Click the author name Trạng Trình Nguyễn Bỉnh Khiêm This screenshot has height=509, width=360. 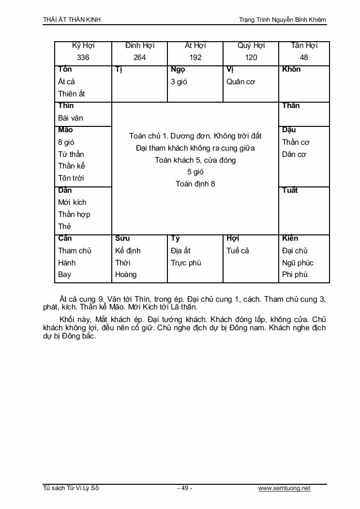coord(283,20)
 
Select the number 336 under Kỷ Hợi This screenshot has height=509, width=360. coord(83,58)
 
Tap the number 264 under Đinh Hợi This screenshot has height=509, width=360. coord(139,58)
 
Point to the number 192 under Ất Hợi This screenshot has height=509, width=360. coord(195,58)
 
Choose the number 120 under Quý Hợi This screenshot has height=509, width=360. coord(251,58)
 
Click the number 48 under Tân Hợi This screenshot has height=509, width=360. coord(304,58)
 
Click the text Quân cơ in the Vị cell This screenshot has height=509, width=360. coord(240,82)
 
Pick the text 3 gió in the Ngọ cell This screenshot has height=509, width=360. coord(179,82)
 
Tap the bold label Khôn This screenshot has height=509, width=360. coord(291,69)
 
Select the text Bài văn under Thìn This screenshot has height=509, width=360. coord(71,118)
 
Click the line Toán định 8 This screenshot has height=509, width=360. coord(195,184)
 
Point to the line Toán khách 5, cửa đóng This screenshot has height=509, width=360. coord(195,160)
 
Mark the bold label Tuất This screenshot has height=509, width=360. coord(290,190)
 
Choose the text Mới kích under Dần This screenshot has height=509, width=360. coord(72,202)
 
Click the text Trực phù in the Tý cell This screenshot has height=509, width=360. coord(186,263)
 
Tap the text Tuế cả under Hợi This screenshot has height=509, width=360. coord(238,251)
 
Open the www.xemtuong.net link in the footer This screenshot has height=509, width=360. coord(284,488)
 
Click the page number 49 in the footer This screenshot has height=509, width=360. coord(185,488)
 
